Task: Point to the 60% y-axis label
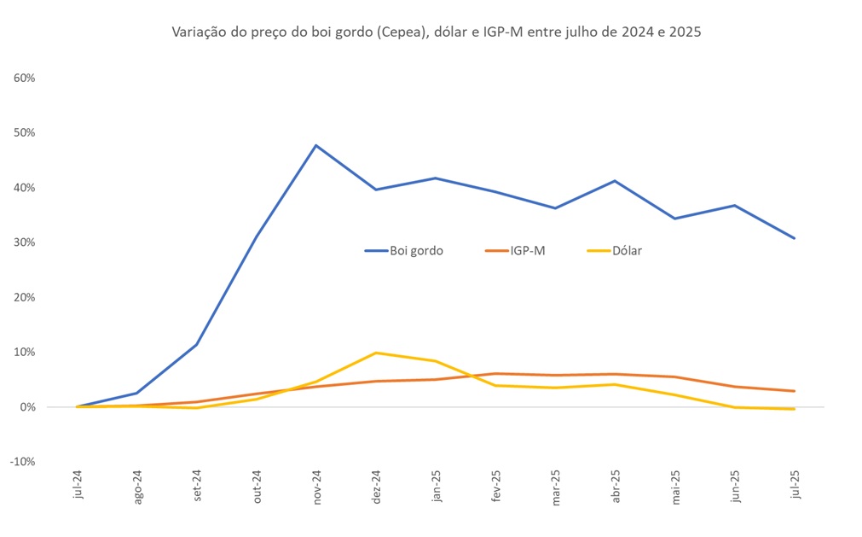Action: click(24, 78)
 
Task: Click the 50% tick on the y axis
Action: click(24, 132)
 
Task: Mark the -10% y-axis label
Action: click(22, 462)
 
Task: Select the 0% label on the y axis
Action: click(26, 407)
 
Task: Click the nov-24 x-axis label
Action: click(317, 489)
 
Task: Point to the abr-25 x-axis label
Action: click(616, 488)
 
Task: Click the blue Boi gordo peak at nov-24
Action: click(316, 145)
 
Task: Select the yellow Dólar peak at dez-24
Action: click(376, 353)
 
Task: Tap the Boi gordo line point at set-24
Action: click(197, 345)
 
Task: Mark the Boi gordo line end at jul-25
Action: click(795, 238)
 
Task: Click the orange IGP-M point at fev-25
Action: click(495, 374)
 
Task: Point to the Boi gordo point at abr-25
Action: click(615, 181)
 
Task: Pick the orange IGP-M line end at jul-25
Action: click(795, 391)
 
